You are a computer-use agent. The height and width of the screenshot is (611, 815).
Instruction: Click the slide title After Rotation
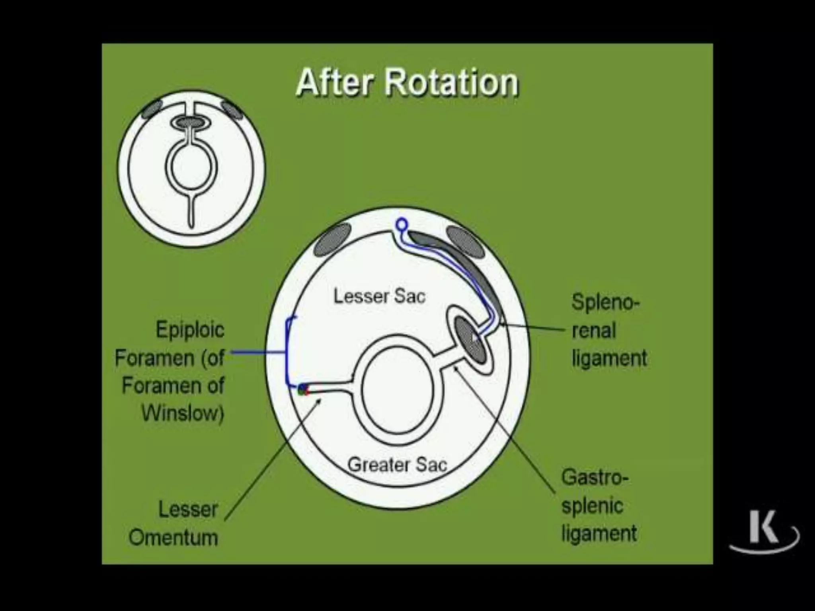(407, 82)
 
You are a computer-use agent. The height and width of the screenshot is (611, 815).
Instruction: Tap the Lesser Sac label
(379, 296)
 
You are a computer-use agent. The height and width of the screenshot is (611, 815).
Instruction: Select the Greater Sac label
(397, 465)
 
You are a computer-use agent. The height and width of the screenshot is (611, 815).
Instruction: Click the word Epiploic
(190, 330)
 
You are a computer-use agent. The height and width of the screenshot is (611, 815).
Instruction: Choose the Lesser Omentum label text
(174, 523)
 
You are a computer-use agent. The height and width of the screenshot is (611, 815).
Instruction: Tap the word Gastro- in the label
(595, 477)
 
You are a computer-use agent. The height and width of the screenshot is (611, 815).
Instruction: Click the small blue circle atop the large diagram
(402, 225)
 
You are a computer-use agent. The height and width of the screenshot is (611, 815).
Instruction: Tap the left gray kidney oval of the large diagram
(333, 239)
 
